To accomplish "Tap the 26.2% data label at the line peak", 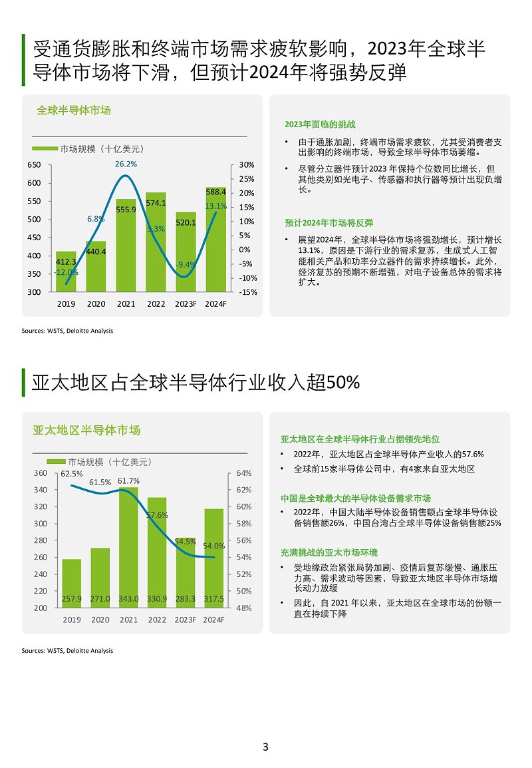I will click(126, 164).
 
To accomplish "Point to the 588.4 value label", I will click(215, 192).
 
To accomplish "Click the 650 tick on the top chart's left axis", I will click(34, 164).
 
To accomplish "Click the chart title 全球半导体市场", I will click(74, 110).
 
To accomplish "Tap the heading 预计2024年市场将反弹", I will click(329, 223).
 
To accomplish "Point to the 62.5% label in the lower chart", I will click(72, 474).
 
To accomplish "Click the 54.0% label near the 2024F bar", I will click(214, 546).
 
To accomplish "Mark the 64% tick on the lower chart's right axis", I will click(243, 473).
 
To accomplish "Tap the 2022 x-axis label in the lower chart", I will click(157, 620).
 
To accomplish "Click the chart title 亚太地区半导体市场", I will click(86, 431).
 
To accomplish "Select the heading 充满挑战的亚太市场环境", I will click(329, 553).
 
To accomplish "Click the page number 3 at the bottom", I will click(265, 747).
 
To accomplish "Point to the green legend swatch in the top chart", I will click(45, 148).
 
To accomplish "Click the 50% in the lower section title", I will click(344, 383).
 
